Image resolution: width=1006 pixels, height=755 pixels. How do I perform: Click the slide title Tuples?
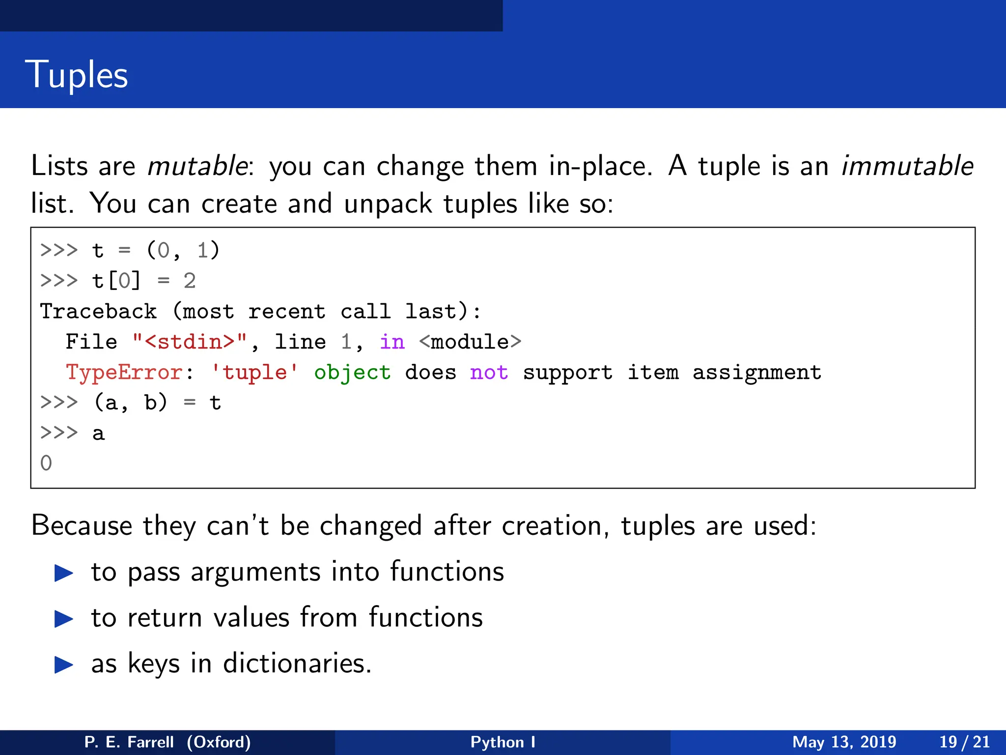click(77, 75)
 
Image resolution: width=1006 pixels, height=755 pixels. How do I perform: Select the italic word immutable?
click(907, 166)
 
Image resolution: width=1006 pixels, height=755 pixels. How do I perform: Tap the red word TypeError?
click(124, 373)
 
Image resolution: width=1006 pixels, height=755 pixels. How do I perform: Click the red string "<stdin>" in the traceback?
click(190, 342)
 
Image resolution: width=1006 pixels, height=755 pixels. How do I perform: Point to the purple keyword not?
click(489, 373)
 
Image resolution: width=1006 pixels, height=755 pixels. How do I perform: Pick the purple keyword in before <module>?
click(392, 342)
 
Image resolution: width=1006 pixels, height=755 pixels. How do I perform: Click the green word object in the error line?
click(352, 373)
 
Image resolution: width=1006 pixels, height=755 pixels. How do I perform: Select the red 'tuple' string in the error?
click(254, 373)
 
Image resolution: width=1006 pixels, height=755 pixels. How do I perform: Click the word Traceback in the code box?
click(98, 312)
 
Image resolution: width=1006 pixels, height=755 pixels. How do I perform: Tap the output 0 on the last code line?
click(46, 464)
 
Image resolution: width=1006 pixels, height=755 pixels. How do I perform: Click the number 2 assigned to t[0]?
click(190, 281)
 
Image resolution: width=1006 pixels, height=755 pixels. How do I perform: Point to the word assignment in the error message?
click(756, 373)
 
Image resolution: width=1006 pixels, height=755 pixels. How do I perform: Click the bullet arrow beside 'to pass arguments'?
click(64, 573)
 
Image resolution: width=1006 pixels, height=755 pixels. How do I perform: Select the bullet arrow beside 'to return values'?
click(64, 619)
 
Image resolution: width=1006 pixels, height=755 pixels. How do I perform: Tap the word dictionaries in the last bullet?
click(297, 664)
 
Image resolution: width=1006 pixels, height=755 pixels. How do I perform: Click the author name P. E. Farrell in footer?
click(129, 742)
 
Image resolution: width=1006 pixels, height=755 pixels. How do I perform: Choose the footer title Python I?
click(503, 742)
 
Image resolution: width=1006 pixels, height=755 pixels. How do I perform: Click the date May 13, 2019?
click(844, 742)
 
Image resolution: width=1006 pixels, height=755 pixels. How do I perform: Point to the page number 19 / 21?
click(964, 742)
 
